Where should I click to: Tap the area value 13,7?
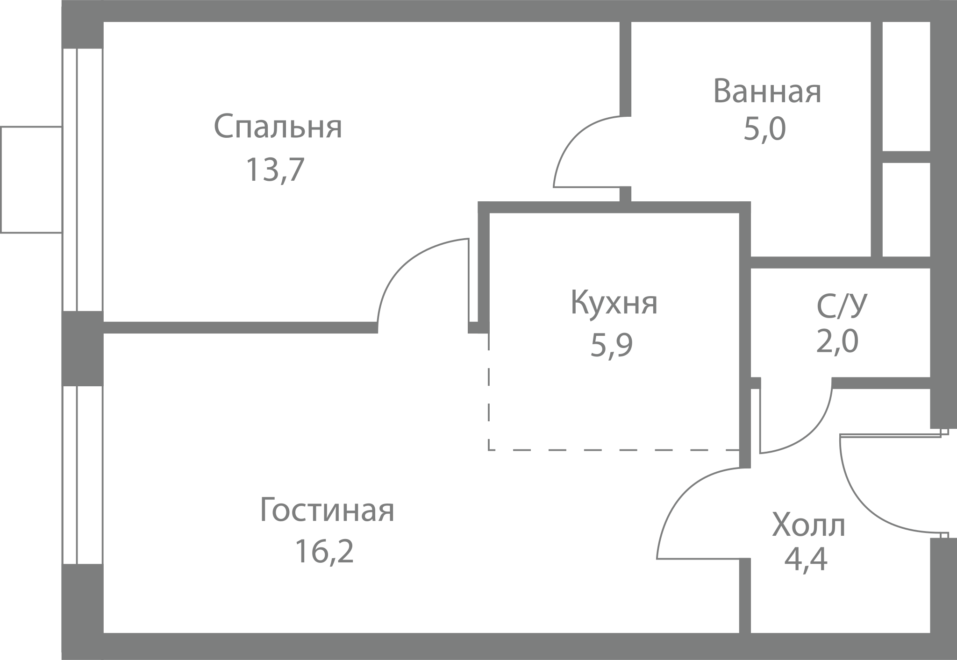click(275, 169)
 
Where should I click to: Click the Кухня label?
click(614, 302)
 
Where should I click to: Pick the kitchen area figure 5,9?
click(611, 345)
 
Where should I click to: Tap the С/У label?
click(842, 305)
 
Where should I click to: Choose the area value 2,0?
click(837, 341)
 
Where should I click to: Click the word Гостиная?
click(327, 510)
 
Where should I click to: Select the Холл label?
click(808, 525)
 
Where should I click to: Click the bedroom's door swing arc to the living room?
click(403, 263)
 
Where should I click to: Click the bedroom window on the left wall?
click(83, 179)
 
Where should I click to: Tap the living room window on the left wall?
click(83, 475)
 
